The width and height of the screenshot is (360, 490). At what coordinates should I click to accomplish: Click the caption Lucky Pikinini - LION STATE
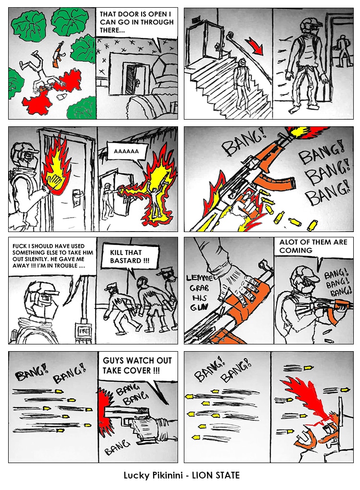click(181, 475)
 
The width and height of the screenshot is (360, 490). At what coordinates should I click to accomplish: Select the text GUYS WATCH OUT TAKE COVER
click(137, 365)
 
